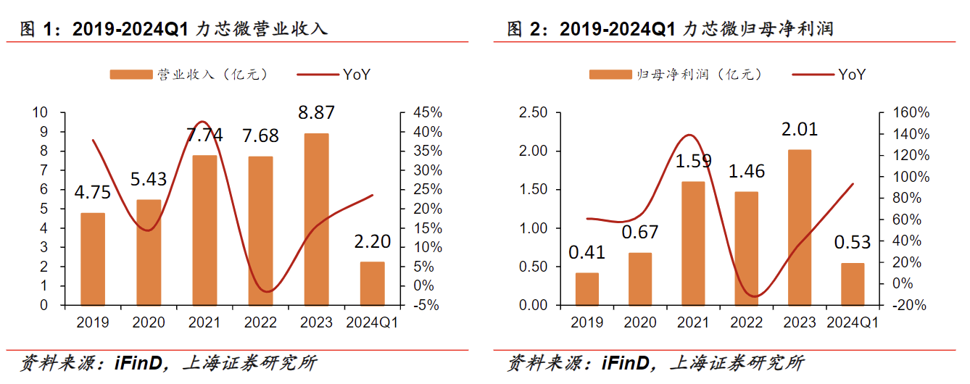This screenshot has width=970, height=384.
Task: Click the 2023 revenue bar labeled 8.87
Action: (x=316, y=219)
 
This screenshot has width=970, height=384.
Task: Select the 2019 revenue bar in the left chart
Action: (x=92, y=259)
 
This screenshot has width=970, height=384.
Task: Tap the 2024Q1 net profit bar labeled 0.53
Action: (x=853, y=283)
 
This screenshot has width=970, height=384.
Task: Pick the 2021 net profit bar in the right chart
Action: (x=693, y=243)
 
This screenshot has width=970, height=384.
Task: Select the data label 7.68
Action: (x=260, y=136)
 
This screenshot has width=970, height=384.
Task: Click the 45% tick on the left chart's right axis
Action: (x=428, y=113)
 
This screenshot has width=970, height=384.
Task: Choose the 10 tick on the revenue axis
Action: (x=41, y=113)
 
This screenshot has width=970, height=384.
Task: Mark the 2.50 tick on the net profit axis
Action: (x=533, y=113)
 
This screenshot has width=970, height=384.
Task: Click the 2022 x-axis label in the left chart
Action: (x=260, y=322)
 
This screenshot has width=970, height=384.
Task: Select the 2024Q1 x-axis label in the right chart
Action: (x=853, y=322)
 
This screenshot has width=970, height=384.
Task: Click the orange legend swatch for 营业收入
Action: (x=132, y=74)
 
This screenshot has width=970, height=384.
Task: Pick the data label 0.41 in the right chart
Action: (x=586, y=253)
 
